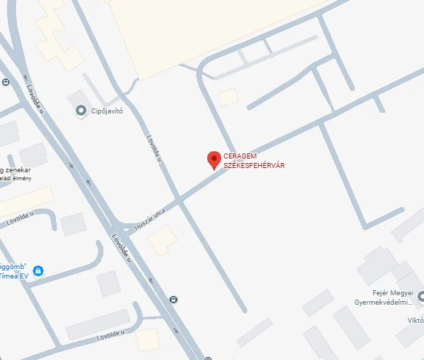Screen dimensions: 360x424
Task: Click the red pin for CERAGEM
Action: [214, 160]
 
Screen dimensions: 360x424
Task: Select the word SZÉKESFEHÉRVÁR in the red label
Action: [254, 166]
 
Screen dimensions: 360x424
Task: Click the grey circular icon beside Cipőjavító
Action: [81, 111]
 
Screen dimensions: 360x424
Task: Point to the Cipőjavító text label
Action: [107, 111]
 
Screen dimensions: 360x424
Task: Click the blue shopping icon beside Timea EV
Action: [38, 271]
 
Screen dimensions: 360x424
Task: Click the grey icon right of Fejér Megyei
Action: [421, 294]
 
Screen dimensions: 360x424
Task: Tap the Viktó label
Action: [415, 319]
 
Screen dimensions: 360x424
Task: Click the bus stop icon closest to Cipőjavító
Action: [6, 81]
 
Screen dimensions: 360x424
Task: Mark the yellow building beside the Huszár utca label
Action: [163, 241]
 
